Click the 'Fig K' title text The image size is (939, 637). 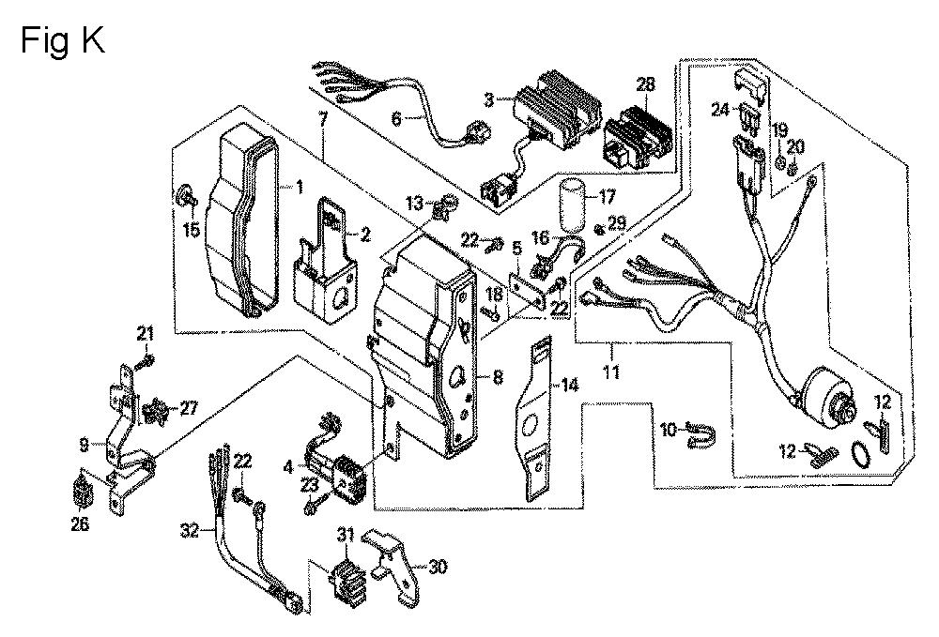(62, 41)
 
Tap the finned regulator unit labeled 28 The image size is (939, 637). (641, 136)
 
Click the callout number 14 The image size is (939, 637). (569, 385)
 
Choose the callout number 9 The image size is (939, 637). (84, 442)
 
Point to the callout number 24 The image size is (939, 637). (719, 110)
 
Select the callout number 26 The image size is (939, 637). (80, 524)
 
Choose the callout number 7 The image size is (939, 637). (323, 119)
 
